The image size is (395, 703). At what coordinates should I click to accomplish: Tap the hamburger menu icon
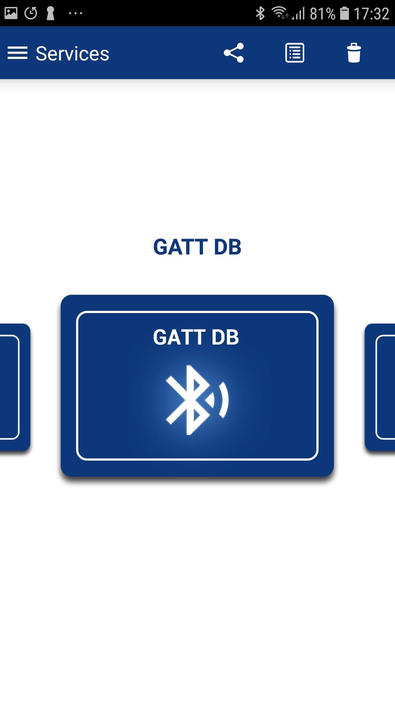18,53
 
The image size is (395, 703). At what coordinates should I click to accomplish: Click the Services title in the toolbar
72,54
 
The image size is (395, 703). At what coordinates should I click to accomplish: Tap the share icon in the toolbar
234,53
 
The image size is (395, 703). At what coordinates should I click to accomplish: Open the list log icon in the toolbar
295,53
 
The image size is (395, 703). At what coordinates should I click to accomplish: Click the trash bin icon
354,53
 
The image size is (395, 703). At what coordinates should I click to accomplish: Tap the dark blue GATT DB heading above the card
197,247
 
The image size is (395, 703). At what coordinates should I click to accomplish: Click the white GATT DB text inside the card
196,337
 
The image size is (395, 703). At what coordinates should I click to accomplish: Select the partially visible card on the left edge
15,387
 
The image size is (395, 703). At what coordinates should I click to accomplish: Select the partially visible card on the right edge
380,387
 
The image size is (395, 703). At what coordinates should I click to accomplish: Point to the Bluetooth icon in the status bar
260,14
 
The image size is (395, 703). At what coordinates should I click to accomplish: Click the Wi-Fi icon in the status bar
280,13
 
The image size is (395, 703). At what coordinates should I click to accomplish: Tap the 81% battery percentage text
323,14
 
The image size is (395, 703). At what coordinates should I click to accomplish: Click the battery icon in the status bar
345,13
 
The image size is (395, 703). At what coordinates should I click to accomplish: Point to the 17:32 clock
371,14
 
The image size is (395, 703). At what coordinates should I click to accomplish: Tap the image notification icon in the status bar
11,13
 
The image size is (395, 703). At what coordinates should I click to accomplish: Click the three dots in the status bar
75,14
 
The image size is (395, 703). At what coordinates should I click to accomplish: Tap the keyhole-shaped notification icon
50,13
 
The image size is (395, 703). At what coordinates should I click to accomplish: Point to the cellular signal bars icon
298,14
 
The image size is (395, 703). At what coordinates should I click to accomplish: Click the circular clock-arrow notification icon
31,13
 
